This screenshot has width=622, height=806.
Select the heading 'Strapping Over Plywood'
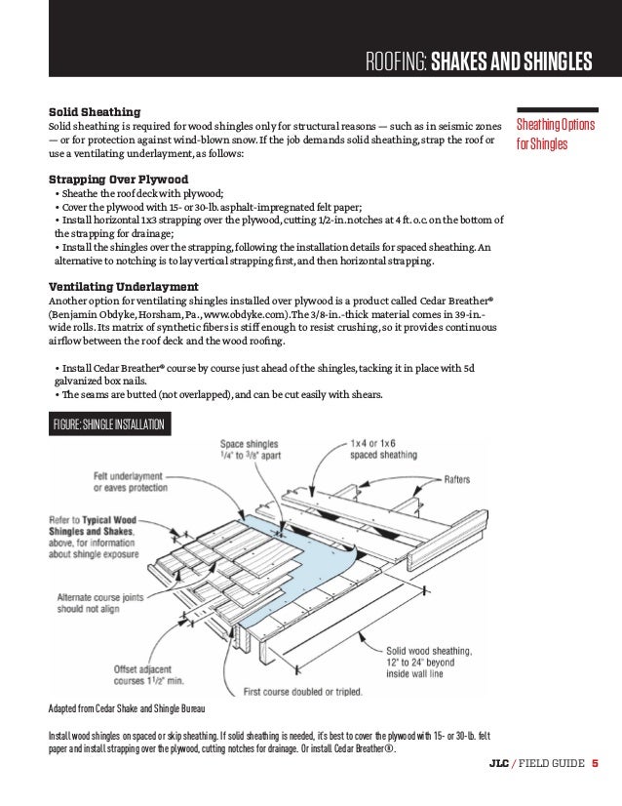[x=118, y=179]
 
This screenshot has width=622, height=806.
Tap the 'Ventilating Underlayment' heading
[x=124, y=286]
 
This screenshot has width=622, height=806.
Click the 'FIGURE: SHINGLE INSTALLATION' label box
[x=110, y=424]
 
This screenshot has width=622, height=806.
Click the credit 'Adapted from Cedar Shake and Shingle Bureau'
[x=129, y=705]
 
